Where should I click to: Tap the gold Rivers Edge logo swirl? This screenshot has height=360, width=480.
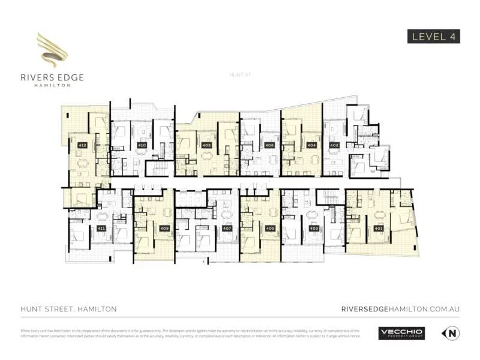click(x=52, y=50)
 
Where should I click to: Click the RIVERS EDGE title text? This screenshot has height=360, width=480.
click(x=52, y=77)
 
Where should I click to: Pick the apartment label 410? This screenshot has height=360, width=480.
click(x=142, y=145)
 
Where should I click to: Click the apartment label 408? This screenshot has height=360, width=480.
click(x=206, y=145)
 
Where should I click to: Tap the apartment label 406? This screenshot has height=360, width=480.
click(x=269, y=145)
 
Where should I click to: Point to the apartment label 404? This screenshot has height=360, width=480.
click(x=311, y=145)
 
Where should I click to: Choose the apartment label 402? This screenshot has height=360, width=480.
click(x=334, y=145)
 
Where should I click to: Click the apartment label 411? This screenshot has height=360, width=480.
click(x=101, y=229)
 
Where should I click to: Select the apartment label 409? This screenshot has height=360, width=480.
click(x=164, y=229)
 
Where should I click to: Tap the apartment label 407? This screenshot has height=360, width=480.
click(x=227, y=229)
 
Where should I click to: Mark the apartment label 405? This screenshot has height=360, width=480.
click(x=270, y=229)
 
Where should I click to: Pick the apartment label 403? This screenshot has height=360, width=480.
click(x=314, y=229)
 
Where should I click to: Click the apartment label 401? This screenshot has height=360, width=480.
click(x=378, y=229)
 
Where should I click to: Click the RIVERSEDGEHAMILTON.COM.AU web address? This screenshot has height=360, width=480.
click(x=400, y=308)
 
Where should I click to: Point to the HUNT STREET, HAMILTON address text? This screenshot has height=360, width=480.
click(x=68, y=308)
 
